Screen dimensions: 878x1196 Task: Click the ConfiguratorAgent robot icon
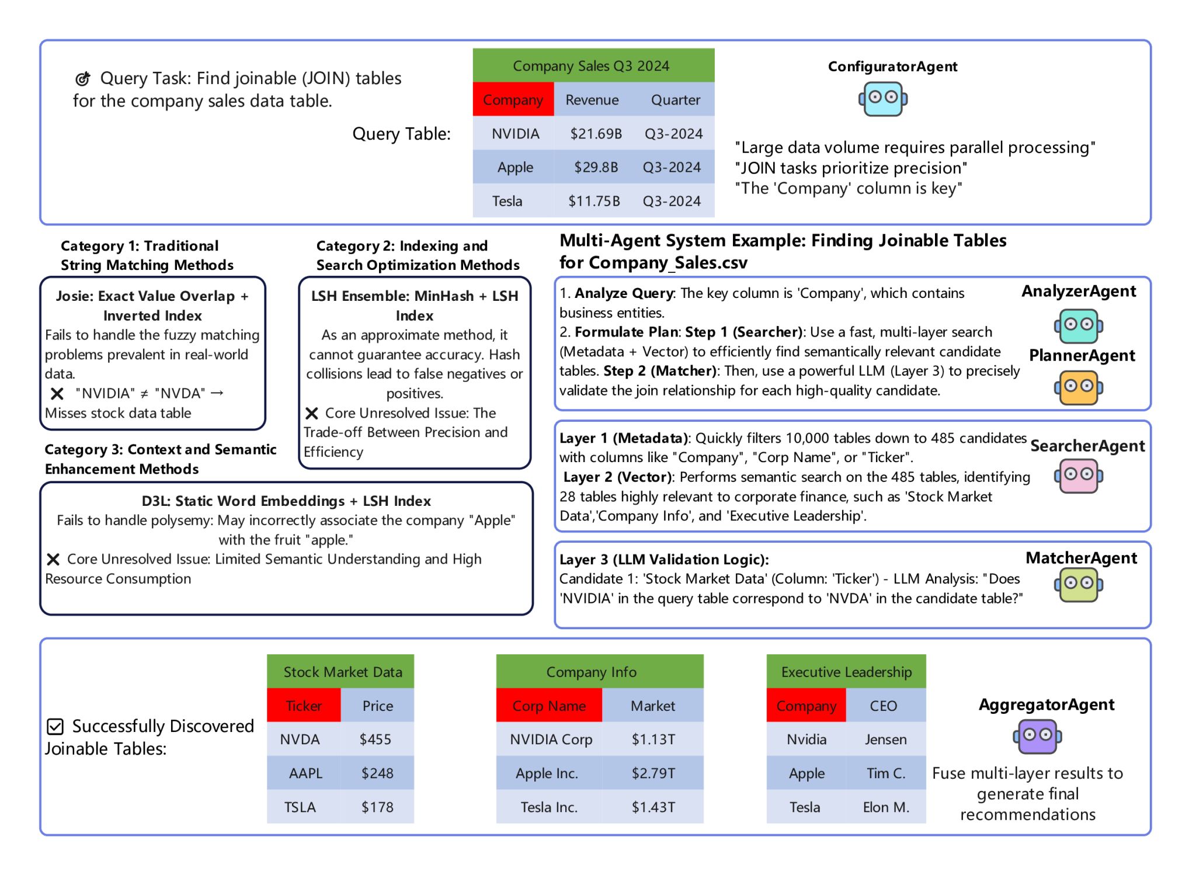pos(883,99)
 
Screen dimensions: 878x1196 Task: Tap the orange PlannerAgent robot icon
pos(1079,387)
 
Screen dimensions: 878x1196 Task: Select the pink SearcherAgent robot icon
pos(1079,476)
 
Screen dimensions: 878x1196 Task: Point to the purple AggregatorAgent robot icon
pos(1038,736)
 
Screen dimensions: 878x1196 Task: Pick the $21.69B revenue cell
pos(596,134)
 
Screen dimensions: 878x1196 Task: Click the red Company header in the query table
pos(513,100)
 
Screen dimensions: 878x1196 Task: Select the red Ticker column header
pos(304,706)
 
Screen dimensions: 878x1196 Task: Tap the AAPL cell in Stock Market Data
pos(305,773)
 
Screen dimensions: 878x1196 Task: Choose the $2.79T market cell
pos(653,773)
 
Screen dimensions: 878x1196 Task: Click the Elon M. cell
pos(886,807)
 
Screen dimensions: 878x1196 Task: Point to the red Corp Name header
pos(549,706)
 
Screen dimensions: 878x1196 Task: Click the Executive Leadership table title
pos(846,672)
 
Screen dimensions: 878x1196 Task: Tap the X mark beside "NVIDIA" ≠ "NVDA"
pos(57,394)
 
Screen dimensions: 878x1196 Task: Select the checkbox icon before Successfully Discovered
pos(55,727)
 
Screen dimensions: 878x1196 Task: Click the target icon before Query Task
pos(83,78)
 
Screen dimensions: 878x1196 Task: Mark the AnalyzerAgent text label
pos(1079,291)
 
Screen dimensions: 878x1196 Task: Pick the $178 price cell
pos(377,807)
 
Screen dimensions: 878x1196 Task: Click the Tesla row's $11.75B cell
pos(594,201)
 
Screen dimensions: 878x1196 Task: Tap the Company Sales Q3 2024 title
pos(591,66)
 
